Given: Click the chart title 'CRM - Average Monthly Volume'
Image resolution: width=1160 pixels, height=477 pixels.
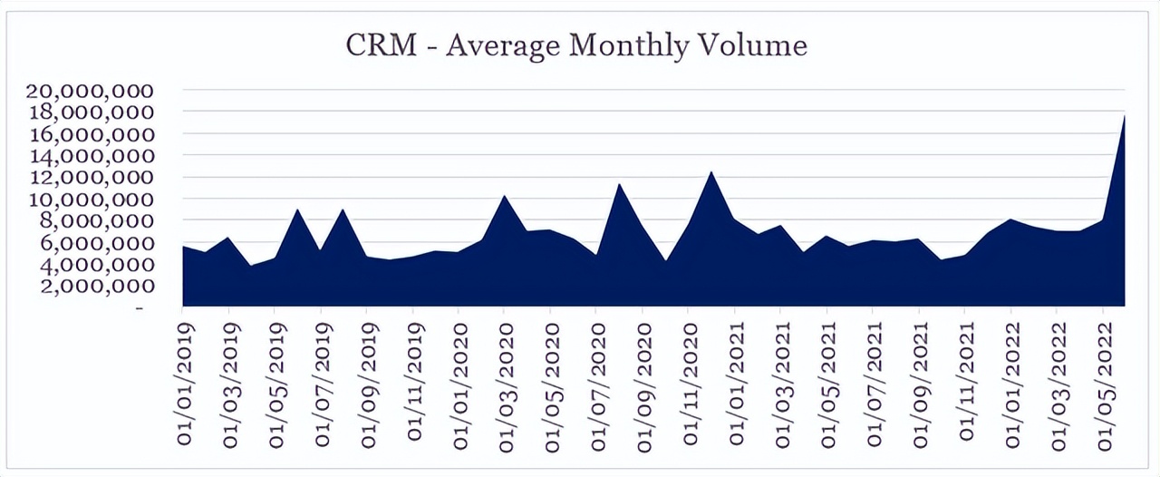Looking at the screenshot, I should [x=576, y=45].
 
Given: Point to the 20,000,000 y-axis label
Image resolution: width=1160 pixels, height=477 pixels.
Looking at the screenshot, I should [x=91, y=91].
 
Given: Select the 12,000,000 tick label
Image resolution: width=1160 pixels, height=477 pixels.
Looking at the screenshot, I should [x=91, y=178].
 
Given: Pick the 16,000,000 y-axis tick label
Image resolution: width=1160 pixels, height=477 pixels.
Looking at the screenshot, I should [x=91, y=134].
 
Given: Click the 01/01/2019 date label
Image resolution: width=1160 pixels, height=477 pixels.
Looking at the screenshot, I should [x=185, y=390].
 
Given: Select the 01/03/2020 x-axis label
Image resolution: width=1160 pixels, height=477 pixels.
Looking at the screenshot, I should [x=507, y=390].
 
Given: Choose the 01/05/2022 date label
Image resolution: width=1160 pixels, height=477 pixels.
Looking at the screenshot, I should [x=1104, y=390].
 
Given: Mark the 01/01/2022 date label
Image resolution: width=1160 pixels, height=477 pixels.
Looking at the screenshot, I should [x=1012, y=390].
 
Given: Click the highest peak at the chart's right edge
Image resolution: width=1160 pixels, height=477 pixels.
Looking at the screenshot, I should [x=1124, y=117].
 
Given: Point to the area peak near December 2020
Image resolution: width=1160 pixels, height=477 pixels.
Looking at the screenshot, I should [x=712, y=173].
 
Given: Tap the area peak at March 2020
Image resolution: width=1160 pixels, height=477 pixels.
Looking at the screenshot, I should [x=505, y=197].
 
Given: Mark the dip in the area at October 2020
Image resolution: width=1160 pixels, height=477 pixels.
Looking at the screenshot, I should [x=666, y=261].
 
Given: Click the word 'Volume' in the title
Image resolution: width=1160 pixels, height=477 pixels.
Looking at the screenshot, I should [x=751, y=45].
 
